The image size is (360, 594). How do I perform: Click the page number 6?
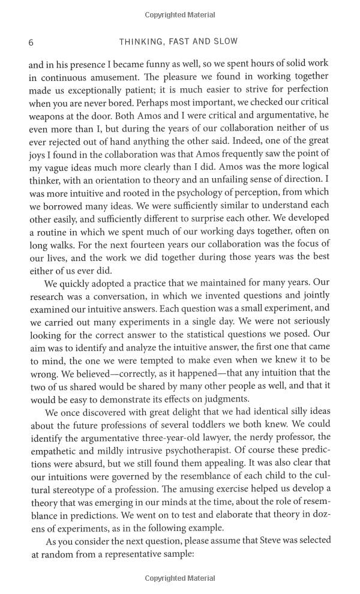click(31, 42)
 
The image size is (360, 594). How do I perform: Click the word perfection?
click(306, 91)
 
